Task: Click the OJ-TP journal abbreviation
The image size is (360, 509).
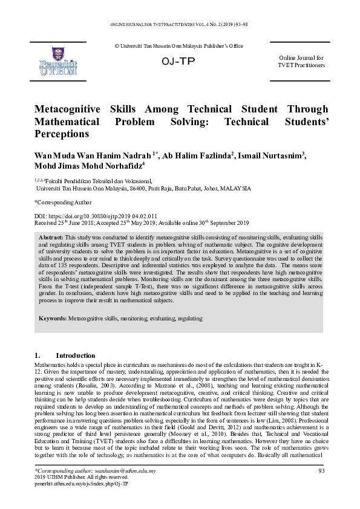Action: (x=178, y=62)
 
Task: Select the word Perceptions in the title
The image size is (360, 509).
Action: (x=62, y=133)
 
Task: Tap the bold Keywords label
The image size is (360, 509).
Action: (x=53, y=317)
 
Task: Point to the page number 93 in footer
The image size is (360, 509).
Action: (x=321, y=470)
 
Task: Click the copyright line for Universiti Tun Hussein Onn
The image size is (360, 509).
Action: (x=179, y=47)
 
